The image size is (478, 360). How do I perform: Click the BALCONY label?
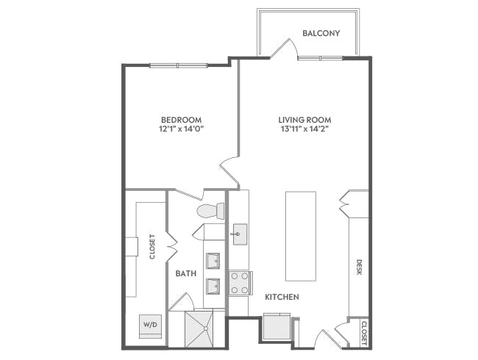tap(321, 33)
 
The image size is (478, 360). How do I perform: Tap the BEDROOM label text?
tap(182, 120)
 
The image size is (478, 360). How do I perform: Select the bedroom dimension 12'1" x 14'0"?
tap(182, 129)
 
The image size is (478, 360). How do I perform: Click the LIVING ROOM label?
tap(304, 120)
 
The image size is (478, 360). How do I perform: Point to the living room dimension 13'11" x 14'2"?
tap(304, 129)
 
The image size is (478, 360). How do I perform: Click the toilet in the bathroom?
tap(210, 212)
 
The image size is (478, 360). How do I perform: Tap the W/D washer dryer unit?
tap(150, 324)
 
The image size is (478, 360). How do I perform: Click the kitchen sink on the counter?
tap(239, 236)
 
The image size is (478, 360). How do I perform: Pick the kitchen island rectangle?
tap(300, 236)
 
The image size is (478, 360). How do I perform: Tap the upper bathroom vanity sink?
tap(214, 261)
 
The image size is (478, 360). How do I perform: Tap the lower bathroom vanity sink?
tap(214, 285)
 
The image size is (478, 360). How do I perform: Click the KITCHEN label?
tap(282, 298)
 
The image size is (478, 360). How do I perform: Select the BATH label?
tap(185, 273)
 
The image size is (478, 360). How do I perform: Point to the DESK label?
tap(360, 267)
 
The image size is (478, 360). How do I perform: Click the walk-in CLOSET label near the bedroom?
tap(152, 247)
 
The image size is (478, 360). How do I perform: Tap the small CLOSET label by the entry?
tap(363, 332)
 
